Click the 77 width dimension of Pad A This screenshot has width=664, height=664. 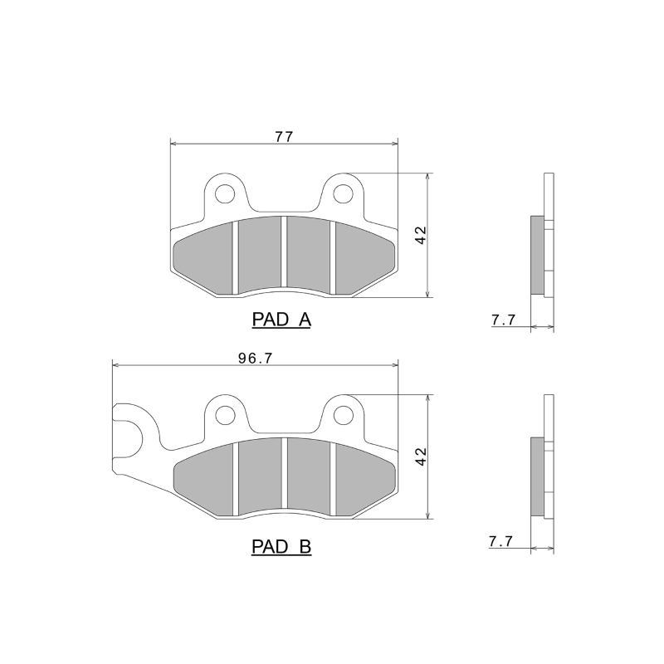click(284, 134)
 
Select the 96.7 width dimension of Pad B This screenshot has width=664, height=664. click(256, 359)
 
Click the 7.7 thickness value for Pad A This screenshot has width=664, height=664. click(504, 320)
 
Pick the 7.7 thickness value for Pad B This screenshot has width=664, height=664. click(501, 541)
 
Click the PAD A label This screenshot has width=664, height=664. click(281, 320)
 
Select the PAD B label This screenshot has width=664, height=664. click(281, 547)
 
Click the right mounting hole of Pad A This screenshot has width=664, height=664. click(342, 194)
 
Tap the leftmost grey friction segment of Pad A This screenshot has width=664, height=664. click(203, 253)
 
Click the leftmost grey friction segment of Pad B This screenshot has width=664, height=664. click(203, 477)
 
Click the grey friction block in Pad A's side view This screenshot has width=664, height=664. click(537, 255)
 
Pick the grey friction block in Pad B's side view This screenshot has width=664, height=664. click(537, 477)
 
